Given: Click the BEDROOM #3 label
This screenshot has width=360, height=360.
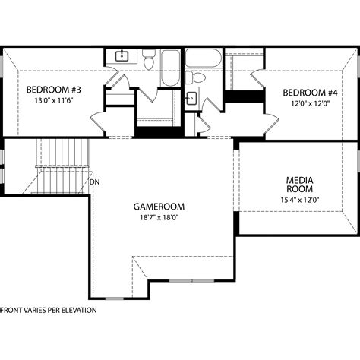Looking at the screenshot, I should [x=53, y=89].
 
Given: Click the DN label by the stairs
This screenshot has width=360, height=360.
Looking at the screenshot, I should [x=94, y=182].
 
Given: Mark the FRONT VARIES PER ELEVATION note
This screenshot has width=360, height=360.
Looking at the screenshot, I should [x=49, y=310].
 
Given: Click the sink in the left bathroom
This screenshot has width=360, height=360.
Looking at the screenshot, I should [x=122, y=56].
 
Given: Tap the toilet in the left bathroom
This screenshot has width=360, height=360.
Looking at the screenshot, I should [x=149, y=59].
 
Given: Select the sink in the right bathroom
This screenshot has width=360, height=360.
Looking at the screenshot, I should [x=191, y=97].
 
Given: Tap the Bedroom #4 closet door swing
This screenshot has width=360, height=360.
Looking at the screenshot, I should [x=255, y=80].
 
